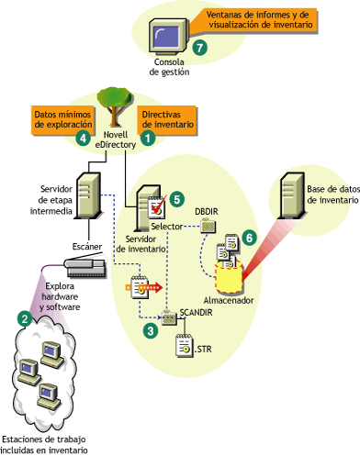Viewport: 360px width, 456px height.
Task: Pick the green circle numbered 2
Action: pyautogui.click(x=24, y=318)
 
